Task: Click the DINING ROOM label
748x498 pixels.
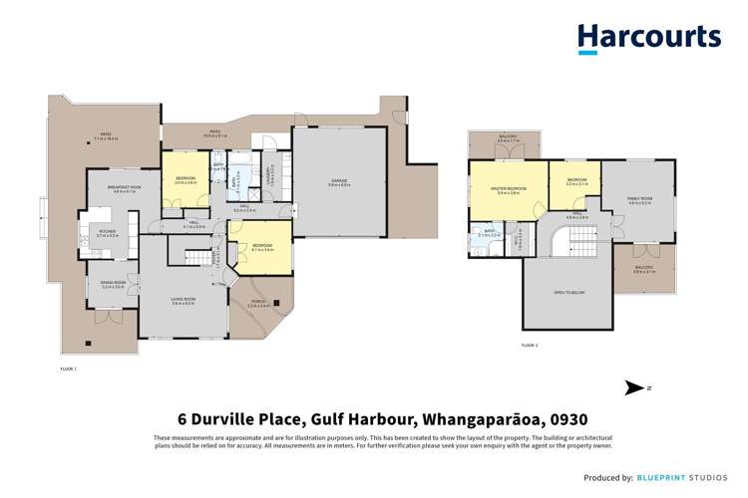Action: tap(112, 284)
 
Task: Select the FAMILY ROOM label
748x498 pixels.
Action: tap(639, 199)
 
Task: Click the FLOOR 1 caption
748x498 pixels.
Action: tap(68, 369)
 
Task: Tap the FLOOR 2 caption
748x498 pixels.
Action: tap(530, 345)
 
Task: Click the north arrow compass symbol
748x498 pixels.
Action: tap(634, 387)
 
